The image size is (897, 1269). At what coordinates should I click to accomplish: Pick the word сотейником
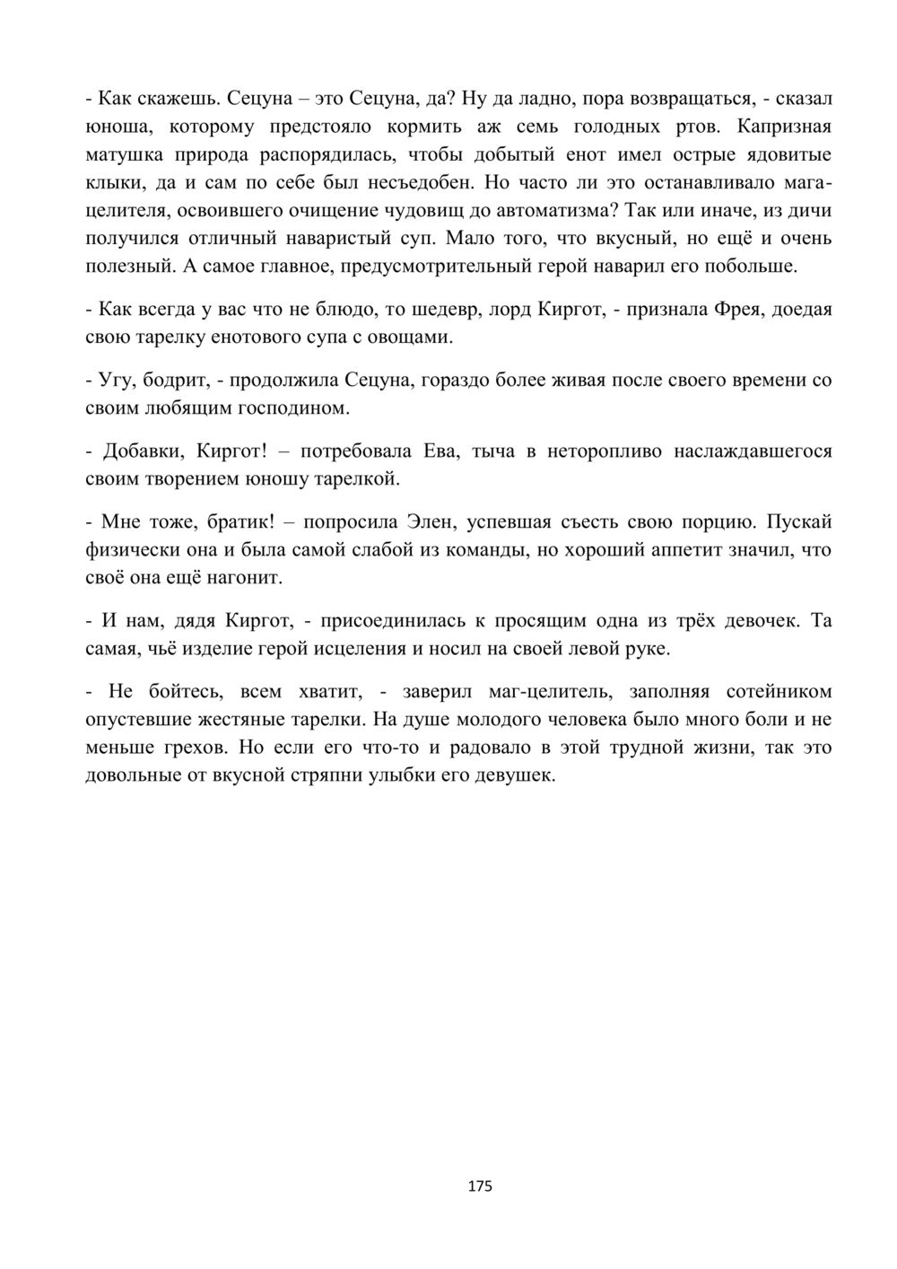774,691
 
